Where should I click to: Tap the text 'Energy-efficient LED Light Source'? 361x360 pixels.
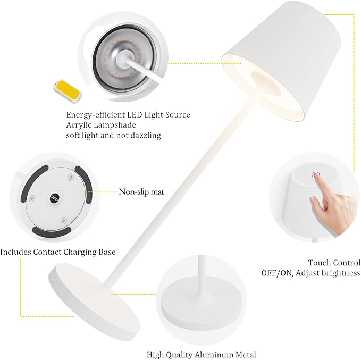(x=128, y=115)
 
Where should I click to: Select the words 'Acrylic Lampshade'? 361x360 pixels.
(x=101, y=125)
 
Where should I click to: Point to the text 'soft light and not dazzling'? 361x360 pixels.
(x=113, y=136)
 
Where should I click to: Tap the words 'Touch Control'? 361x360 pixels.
(x=334, y=263)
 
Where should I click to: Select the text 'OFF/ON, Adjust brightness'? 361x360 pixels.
(x=310, y=273)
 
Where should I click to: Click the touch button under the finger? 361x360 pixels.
(x=314, y=174)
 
